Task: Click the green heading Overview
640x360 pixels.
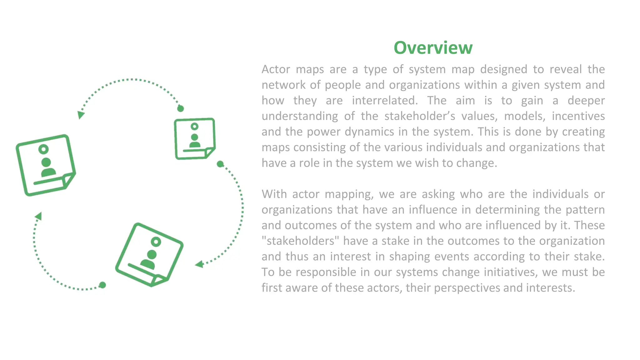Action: pyautogui.click(x=433, y=48)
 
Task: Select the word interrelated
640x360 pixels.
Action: pyautogui.click(x=385, y=101)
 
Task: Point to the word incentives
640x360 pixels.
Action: pyautogui.click(x=578, y=116)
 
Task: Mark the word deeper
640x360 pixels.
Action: pyautogui.click(x=586, y=101)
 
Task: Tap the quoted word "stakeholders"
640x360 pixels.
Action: pyautogui.click(x=300, y=241)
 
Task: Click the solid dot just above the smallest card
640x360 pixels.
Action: pyautogui.click(x=181, y=108)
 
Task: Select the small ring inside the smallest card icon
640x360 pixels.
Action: pyautogui.click(x=194, y=127)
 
